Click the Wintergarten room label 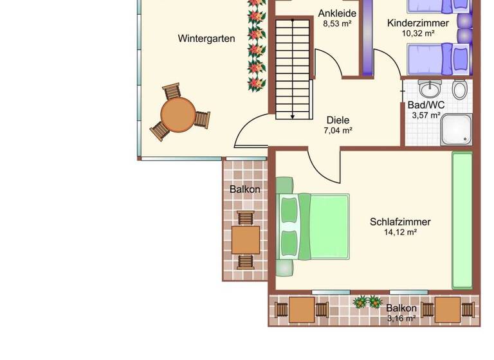click(x=206, y=39)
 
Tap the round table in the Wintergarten click(x=178, y=114)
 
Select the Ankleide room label click(x=338, y=13)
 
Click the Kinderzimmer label click(x=418, y=23)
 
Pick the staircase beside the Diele click(x=293, y=67)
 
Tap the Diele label click(x=338, y=120)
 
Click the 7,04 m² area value click(x=338, y=130)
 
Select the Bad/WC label click(x=426, y=105)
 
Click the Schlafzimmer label click(x=400, y=222)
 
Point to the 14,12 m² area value click(x=400, y=233)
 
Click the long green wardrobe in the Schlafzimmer click(x=461, y=220)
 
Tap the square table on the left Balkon click(x=246, y=239)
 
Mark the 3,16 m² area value click(x=401, y=318)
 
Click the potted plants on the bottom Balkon click(x=368, y=301)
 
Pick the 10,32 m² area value click(x=418, y=33)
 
